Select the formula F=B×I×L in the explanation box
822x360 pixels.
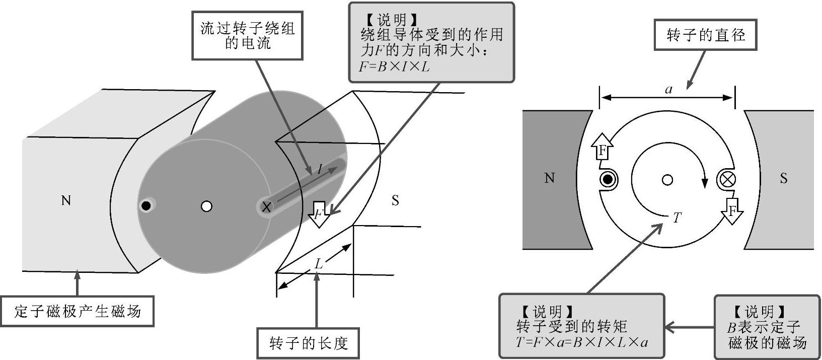(x=395, y=66)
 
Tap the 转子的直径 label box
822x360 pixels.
(x=705, y=35)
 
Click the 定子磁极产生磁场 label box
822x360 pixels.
(x=78, y=312)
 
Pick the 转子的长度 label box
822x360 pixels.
(x=308, y=343)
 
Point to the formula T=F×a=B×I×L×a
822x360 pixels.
(x=582, y=342)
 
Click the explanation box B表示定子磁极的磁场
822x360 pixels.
(x=767, y=327)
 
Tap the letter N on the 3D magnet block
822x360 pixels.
(x=65, y=201)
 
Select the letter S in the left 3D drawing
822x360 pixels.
(x=395, y=201)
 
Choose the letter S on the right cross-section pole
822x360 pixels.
(x=783, y=178)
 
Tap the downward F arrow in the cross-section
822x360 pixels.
(x=733, y=210)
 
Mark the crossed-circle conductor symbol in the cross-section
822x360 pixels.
(x=727, y=179)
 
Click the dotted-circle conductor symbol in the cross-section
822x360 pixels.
(x=608, y=179)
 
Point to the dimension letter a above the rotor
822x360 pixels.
(x=668, y=90)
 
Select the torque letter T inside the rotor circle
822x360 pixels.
(x=677, y=218)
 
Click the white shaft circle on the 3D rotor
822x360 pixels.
(x=206, y=206)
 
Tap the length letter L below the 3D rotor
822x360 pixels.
(x=318, y=263)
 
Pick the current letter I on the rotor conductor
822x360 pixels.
(x=320, y=170)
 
